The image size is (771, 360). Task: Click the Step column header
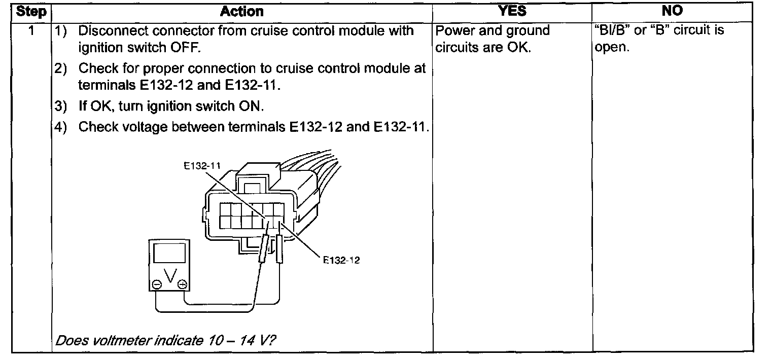[31, 12]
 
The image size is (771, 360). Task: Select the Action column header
[242, 12]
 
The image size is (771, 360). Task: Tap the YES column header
[512, 12]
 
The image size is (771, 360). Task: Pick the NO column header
[673, 12]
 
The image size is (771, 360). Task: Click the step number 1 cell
[31, 31]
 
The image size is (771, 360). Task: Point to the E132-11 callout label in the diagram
[202, 165]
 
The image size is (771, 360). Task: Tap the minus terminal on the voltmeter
[157, 285]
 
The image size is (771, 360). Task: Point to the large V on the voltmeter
[170, 277]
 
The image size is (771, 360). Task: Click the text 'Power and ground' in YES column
[493, 31]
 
